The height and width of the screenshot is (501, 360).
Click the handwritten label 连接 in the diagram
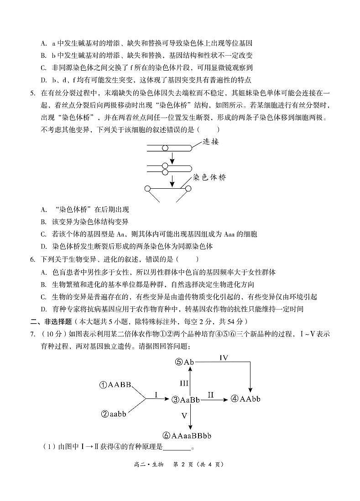point(211,142)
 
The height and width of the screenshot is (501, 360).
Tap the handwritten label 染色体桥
point(209,177)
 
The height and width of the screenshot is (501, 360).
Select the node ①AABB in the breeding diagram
point(115,385)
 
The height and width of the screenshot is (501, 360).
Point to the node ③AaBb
point(186,400)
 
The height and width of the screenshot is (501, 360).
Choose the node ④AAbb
point(245,399)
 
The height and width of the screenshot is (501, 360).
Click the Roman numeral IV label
point(224,358)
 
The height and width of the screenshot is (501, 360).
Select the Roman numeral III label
point(184,383)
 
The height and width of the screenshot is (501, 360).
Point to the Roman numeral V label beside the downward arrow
point(184,416)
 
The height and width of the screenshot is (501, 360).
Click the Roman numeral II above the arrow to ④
point(210,395)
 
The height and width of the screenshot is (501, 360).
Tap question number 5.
point(32,93)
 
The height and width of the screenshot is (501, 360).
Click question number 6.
point(32,259)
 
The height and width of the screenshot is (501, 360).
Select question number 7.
point(32,334)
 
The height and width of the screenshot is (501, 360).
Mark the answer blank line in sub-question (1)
point(177,447)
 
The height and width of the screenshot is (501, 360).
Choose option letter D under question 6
point(44,309)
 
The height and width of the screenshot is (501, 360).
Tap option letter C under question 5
point(44,234)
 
